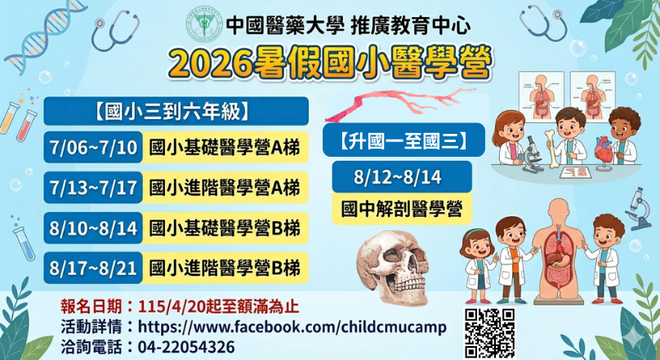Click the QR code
point(489,333)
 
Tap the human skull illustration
point(392,267)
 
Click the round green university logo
point(204,24)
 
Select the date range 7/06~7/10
point(93,148)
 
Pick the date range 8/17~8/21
point(93,269)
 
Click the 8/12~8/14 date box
point(397,177)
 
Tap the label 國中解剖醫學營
point(402,209)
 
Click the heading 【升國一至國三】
point(404,140)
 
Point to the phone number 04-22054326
point(186,348)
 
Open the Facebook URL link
point(292,327)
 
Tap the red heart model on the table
point(604,149)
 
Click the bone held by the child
point(551,148)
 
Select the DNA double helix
point(45,36)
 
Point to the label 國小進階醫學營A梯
point(225,188)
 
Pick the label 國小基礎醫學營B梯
point(225,229)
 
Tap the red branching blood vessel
point(400,101)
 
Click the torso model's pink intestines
point(559,274)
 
